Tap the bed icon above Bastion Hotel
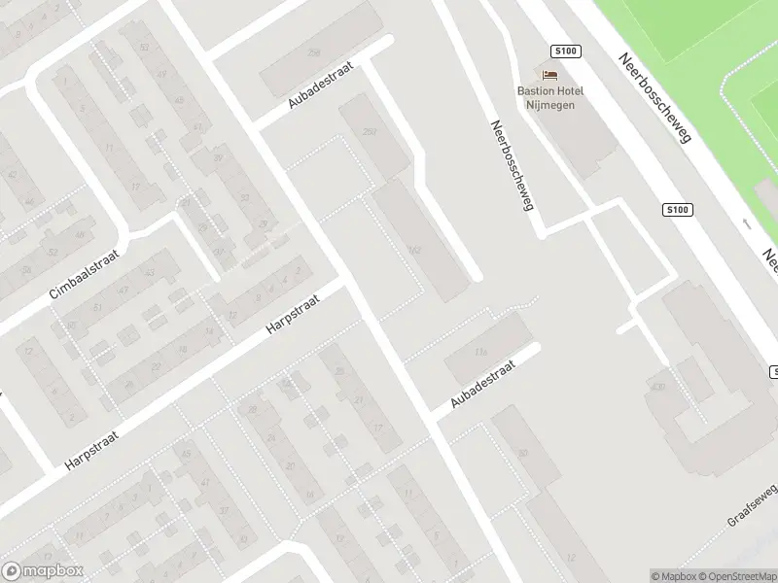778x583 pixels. (550, 75)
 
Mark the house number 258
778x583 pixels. (313, 51)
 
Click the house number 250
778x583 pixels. (369, 132)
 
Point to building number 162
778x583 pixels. (415, 251)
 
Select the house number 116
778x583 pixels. (479, 352)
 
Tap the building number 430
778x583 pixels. (658, 389)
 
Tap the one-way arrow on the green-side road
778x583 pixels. (747, 223)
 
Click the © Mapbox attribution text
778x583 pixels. (676, 575)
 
